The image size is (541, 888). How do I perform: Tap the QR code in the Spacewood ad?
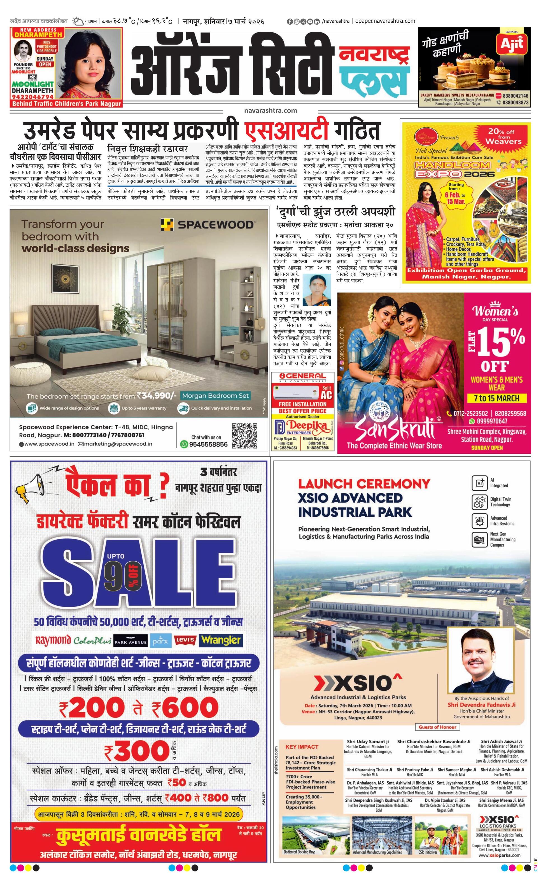[x=244, y=436]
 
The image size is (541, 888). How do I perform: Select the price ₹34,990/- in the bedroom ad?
[x=157, y=396]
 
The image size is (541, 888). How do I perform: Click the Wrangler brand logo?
[x=221, y=640]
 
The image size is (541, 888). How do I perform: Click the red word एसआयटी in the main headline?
[x=287, y=130]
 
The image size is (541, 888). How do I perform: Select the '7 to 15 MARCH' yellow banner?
[x=497, y=398]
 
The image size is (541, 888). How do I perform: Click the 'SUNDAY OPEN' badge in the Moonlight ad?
[x=45, y=62]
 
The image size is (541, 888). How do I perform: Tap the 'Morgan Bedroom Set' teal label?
[x=215, y=396]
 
